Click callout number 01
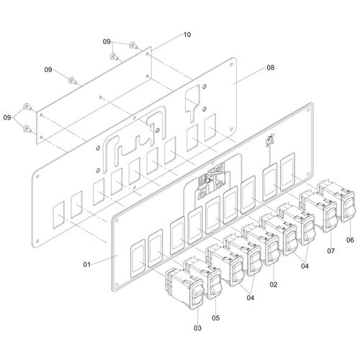click(x=87, y=264)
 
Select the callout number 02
click(x=274, y=284)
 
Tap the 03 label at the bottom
click(x=197, y=328)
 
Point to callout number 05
click(x=216, y=318)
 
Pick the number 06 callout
click(x=350, y=240)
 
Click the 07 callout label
click(x=331, y=251)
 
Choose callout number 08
click(x=271, y=68)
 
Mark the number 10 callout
click(x=187, y=35)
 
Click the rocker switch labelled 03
click(x=184, y=289)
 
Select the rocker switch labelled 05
click(x=203, y=279)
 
